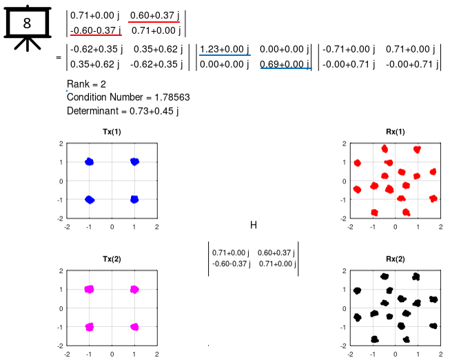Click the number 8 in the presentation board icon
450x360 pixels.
click(27, 23)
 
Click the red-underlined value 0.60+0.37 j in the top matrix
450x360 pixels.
click(154, 14)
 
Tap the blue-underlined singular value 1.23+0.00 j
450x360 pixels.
click(224, 49)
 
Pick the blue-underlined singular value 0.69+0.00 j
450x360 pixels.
click(285, 64)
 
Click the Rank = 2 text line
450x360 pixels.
click(86, 84)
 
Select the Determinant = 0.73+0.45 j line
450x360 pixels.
click(123, 110)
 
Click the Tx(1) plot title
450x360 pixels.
click(112, 132)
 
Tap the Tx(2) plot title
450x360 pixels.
click(112, 259)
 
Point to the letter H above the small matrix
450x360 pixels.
click(253, 225)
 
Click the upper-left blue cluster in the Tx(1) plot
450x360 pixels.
click(89, 162)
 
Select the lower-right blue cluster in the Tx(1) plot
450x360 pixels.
click(134, 199)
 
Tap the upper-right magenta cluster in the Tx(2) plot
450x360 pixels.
click(134, 290)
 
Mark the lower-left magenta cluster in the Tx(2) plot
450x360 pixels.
click(89, 326)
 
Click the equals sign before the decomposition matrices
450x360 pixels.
click(59, 57)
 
